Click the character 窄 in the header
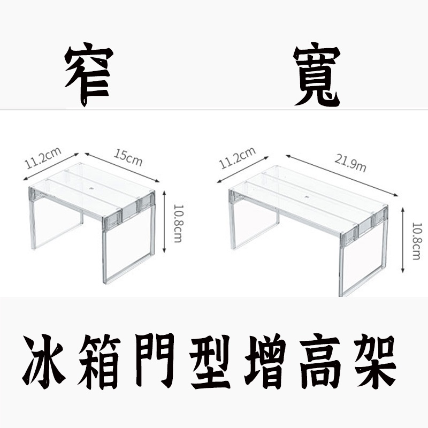click(89, 74)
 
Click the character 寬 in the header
click(317, 74)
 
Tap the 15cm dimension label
click(128, 157)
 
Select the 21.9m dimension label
click(350, 164)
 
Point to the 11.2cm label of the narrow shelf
click(43, 158)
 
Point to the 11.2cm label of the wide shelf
click(237, 158)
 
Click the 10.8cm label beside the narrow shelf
click(178, 224)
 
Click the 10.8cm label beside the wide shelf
click(417, 241)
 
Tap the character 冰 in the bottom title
click(44, 362)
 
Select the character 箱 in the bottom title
click(98, 362)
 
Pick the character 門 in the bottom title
click(155, 362)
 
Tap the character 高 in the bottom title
click(320, 362)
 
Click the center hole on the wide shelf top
click(306, 196)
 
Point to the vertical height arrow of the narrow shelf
click(164, 221)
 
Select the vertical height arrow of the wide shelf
click(403, 240)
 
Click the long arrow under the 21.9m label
click(342, 175)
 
